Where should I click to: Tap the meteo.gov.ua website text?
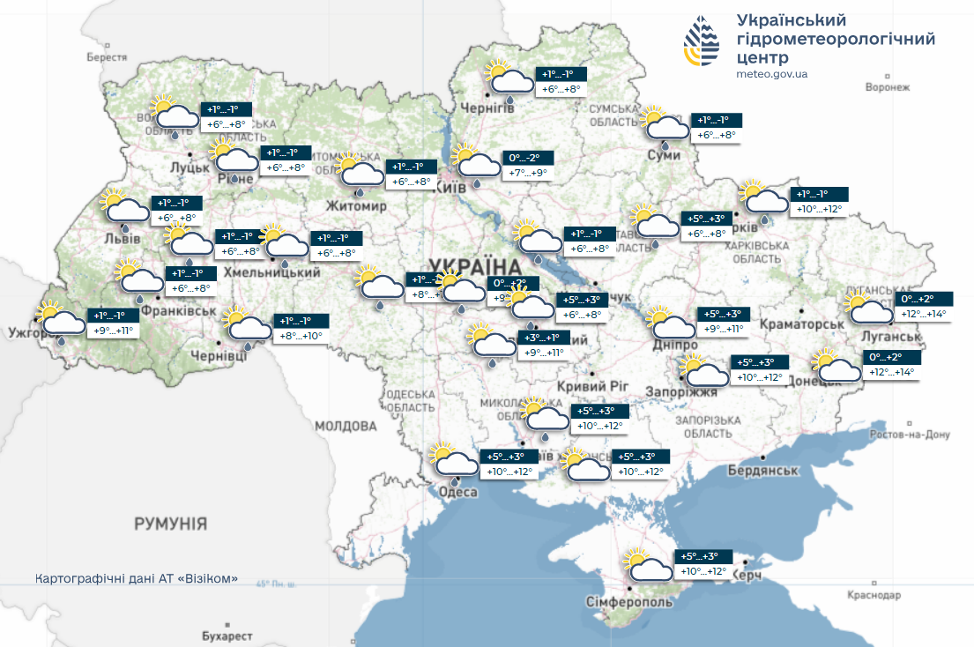coord(771,74)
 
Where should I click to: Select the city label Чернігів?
coord(488,108)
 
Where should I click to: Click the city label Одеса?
coord(458,494)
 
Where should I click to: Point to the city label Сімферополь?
coord(629,602)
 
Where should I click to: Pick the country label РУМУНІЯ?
coord(171,524)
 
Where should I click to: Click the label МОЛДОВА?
coord(346,427)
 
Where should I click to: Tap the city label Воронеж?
coord(887,88)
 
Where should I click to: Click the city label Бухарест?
coord(227,636)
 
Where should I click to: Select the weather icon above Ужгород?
coord(60,319)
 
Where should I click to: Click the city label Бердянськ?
coord(762,471)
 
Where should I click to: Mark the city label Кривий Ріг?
coord(593,386)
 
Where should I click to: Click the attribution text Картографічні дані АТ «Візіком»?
coord(137,579)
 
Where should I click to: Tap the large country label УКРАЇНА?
coord(475,265)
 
